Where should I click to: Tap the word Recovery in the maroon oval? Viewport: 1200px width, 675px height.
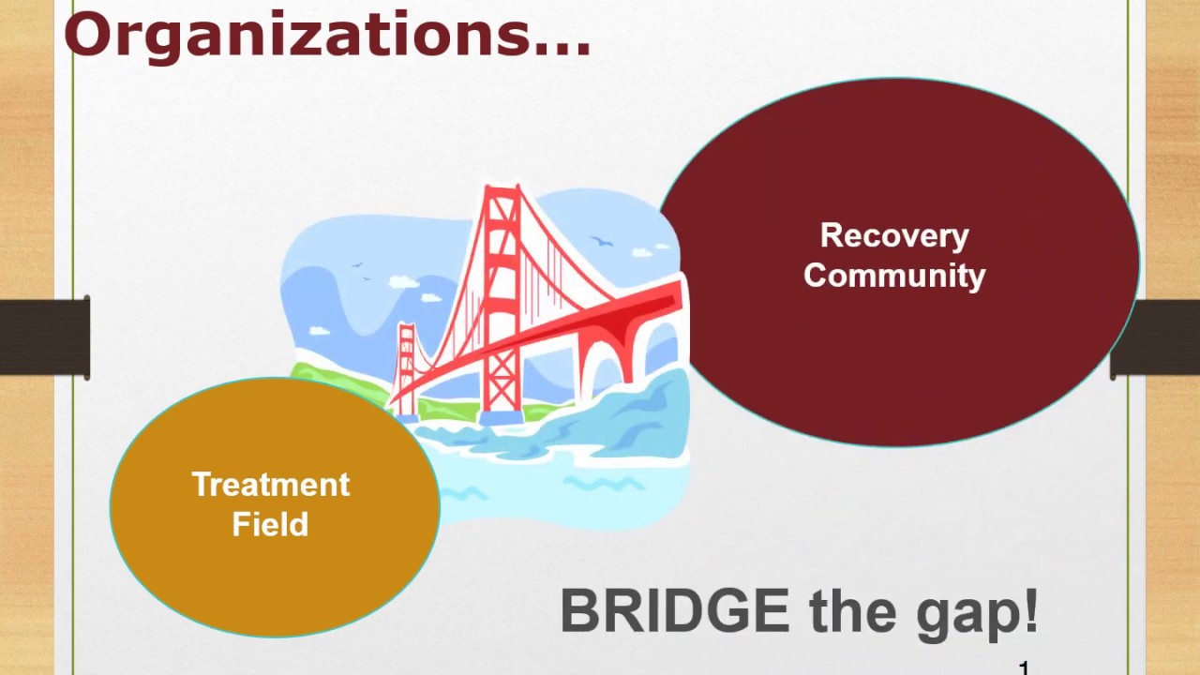tap(894, 235)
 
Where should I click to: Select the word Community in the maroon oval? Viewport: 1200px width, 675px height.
tap(894, 276)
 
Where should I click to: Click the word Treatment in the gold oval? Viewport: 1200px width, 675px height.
tap(271, 485)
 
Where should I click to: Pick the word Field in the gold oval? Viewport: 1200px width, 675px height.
tap(270, 525)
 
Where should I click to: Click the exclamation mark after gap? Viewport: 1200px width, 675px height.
tap(1030, 609)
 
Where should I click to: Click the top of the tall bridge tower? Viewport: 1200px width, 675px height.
tap(502, 193)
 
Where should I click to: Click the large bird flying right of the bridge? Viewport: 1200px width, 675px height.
tap(602, 243)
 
